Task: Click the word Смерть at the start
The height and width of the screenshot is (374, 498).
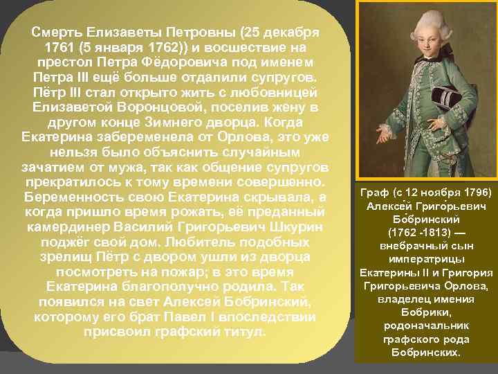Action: click(x=57, y=32)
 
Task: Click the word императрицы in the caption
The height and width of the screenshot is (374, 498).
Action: click(x=425, y=260)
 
